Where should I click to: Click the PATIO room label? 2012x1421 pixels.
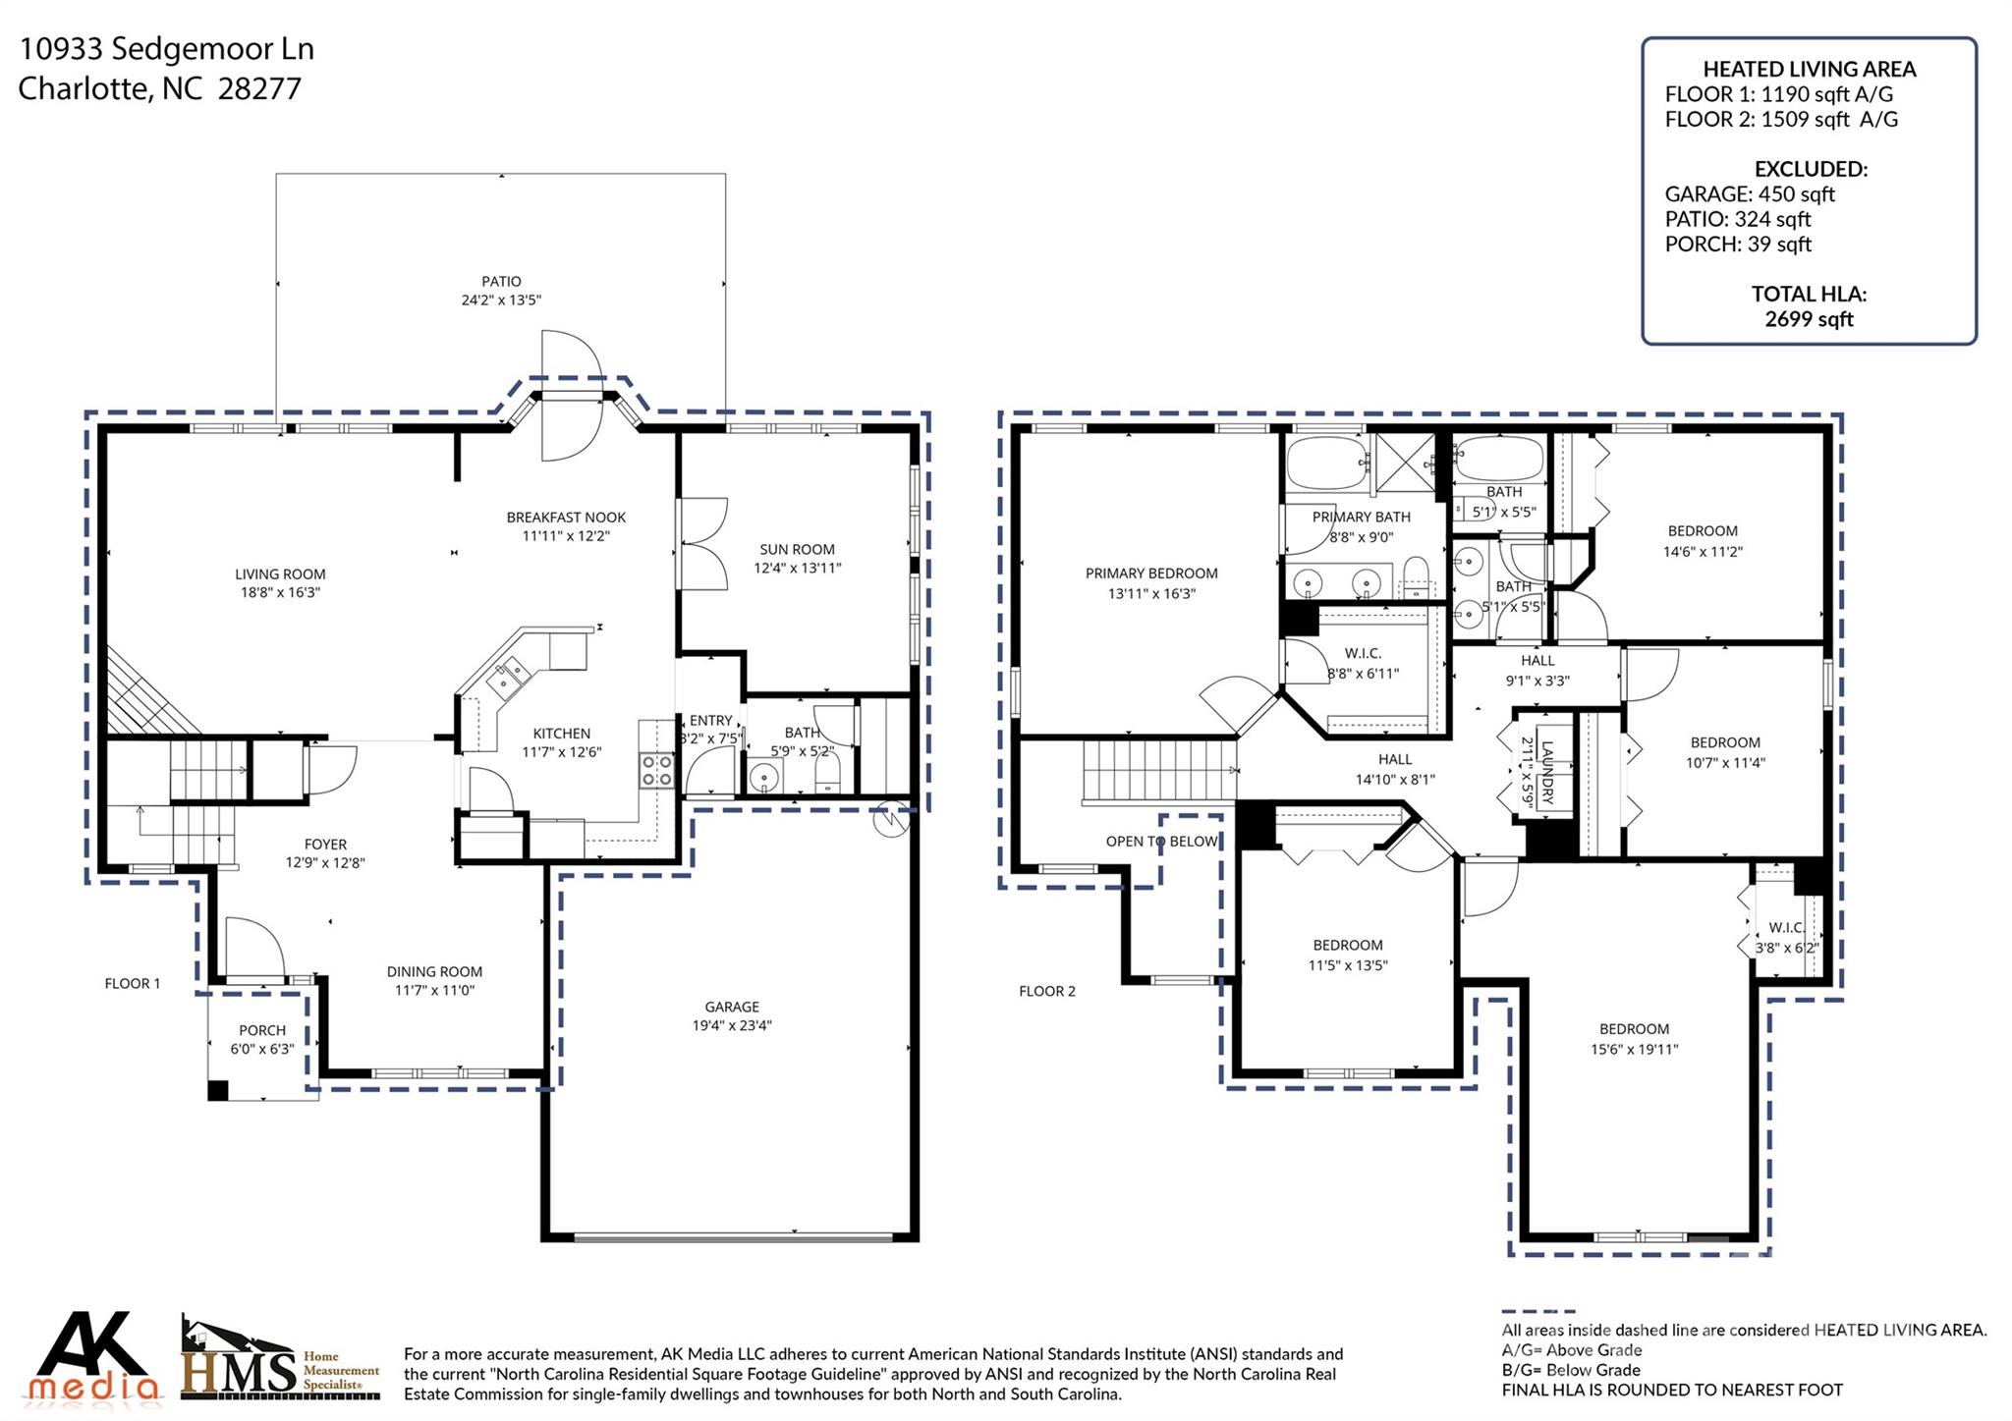[501, 282]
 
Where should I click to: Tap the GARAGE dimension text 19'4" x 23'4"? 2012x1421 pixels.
[732, 1025]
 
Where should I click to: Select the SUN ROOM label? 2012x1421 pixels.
[797, 549]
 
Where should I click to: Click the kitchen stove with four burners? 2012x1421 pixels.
[656, 771]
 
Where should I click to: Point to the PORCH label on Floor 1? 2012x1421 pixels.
[262, 1030]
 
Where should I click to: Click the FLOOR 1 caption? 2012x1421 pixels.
[133, 983]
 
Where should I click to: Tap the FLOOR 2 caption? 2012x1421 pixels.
[1047, 991]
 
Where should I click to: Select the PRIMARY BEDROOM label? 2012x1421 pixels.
[1151, 574]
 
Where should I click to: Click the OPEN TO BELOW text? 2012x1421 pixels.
[1161, 842]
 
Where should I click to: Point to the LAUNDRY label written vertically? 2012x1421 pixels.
[1547, 772]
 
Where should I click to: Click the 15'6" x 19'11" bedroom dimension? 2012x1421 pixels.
[1634, 1049]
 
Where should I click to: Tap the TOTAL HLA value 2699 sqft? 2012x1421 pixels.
[1809, 319]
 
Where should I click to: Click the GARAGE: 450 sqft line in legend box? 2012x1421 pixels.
[1750, 194]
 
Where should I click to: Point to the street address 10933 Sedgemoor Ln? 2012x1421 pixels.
[167, 49]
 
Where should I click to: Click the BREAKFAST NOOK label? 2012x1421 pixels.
[566, 518]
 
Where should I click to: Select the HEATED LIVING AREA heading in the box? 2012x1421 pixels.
[1809, 69]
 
